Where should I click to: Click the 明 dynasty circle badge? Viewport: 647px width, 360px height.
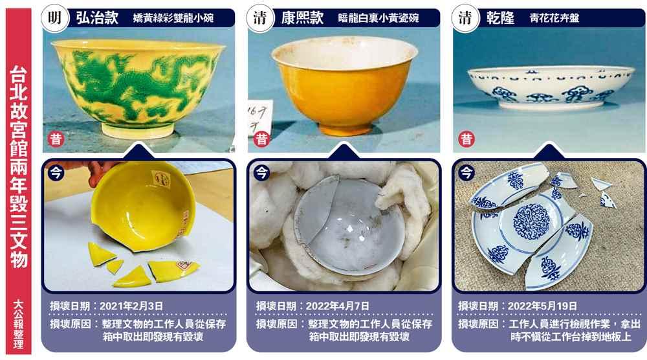coord(55,17)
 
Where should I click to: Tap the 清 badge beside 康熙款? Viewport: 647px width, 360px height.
coord(260,17)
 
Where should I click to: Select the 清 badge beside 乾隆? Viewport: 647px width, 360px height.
coord(465,17)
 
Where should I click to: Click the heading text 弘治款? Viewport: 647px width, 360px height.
coord(97,17)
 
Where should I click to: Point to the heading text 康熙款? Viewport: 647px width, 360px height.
coord(302,17)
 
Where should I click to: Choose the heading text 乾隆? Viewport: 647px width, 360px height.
coord(500,17)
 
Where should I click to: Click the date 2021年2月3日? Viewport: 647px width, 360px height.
coord(131,306)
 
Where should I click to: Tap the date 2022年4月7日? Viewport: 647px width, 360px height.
coord(338,306)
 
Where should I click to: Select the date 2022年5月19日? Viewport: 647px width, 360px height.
coord(542,306)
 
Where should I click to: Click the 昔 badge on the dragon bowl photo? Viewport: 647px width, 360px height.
coord(56,139)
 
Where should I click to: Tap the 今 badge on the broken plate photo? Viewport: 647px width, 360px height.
coord(466,172)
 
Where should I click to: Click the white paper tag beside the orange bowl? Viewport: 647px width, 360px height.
coord(259,118)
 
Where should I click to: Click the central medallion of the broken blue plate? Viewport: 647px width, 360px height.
coord(532,221)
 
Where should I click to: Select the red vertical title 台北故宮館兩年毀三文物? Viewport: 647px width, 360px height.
coord(19,166)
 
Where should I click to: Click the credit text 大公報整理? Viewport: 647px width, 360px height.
coord(19,324)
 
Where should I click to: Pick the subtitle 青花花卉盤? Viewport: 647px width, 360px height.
coord(554,18)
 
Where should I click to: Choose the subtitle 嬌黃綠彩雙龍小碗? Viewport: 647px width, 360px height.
coord(173,18)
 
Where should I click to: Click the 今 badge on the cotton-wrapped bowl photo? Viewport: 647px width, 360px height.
coord(261,172)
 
